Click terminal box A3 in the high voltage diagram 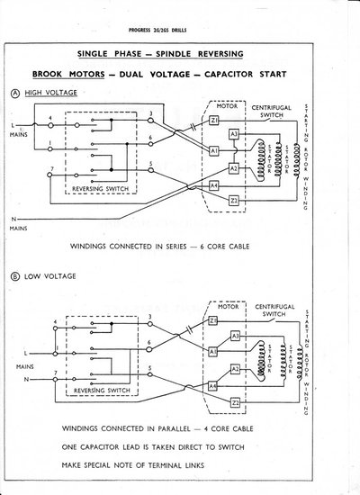(233, 134)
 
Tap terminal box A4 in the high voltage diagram (214, 185)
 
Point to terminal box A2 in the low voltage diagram (233, 370)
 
